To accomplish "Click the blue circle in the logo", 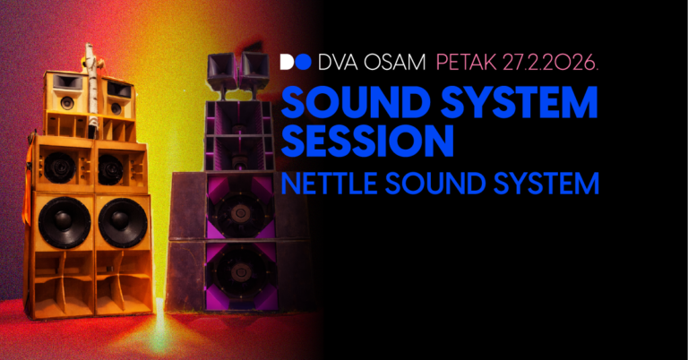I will click(305, 62).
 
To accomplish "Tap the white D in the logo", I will click(288, 62).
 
